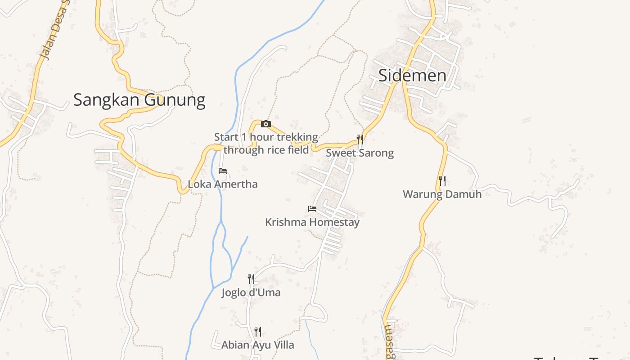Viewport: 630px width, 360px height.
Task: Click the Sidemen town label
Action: (x=412, y=76)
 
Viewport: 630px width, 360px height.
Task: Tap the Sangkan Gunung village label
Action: (x=139, y=99)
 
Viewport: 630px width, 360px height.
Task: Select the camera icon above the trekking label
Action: (x=266, y=124)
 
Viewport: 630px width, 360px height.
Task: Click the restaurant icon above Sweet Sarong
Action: (x=360, y=139)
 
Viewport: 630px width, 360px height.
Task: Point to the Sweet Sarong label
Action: (x=360, y=153)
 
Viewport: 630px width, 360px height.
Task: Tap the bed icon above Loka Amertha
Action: (x=223, y=171)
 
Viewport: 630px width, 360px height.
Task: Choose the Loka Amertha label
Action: (x=223, y=184)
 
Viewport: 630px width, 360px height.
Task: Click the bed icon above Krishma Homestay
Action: (x=312, y=209)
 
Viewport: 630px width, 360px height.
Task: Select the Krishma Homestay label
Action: (x=312, y=222)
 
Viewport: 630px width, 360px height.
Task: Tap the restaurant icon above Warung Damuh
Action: (x=442, y=181)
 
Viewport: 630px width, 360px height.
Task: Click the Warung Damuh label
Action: (x=442, y=194)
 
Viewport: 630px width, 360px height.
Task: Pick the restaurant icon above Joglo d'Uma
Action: (x=251, y=279)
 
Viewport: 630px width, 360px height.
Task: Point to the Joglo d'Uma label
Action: (x=251, y=292)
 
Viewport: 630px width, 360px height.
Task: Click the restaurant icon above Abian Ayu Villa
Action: (x=258, y=332)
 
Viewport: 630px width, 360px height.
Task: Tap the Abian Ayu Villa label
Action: (x=258, y=345)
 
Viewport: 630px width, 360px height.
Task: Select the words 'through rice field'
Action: (x=266, y=150)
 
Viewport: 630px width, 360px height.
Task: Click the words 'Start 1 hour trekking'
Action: (x=266, y=137)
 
